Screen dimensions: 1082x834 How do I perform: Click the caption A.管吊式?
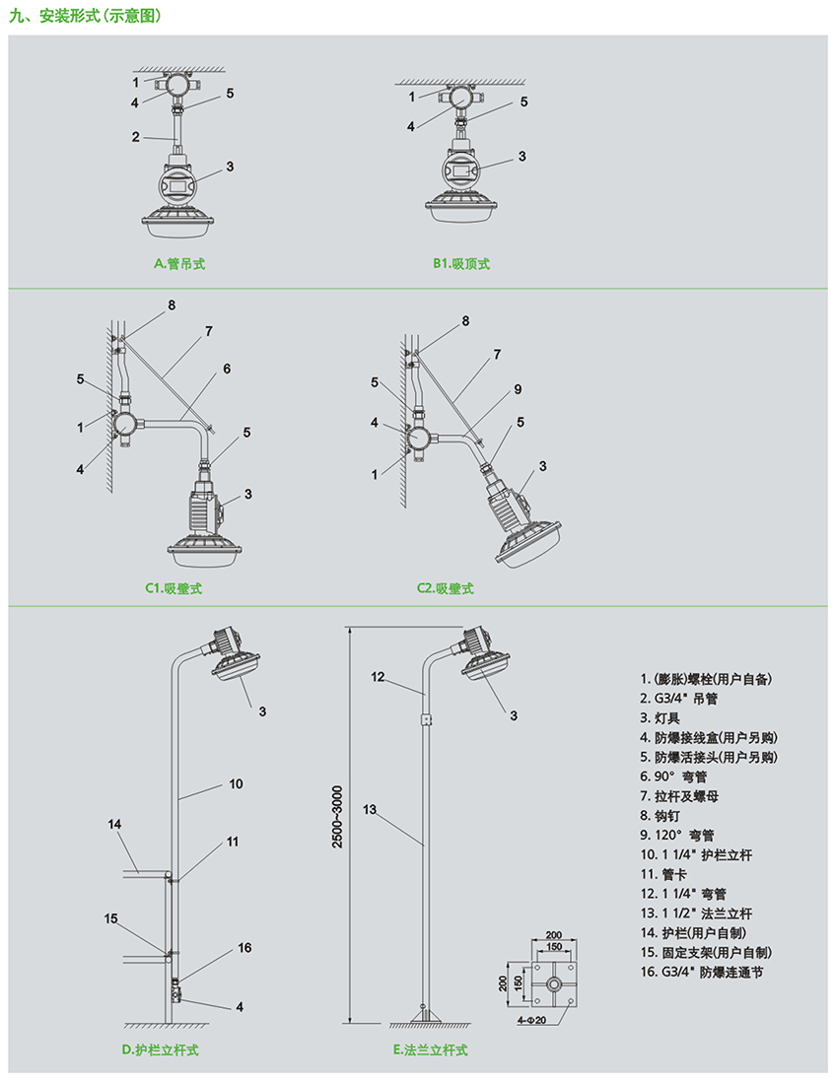pyautogui.click(x=178, y=264)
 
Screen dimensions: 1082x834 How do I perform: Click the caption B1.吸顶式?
pyautogui.click(x=460, y=264)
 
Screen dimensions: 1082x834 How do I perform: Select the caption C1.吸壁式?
pyautogui.click(x=174, y=588)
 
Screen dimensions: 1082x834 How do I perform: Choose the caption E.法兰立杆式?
pyautogui.click(x=430, y=1050)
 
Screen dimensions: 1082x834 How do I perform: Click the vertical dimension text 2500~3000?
pyautogui.click(x=337, y=817)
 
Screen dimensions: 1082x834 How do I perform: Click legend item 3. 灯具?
pyautogui.click(x=660, y=717)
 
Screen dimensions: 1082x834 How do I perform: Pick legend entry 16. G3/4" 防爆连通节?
pyautogui.click(x=702, y=973)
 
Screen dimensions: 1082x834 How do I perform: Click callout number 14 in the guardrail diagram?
pyautogui.click(x=114, y=824)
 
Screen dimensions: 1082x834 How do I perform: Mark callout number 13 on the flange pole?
pyautogui.click(x=370, y=810)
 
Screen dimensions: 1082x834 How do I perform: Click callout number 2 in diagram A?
pyautogui.click(x=136, y=137)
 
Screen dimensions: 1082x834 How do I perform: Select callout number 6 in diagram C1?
pyautogui.click(x=226, y=369)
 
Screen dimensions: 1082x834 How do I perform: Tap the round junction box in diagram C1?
pyautogui.click(x=126, y=425)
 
